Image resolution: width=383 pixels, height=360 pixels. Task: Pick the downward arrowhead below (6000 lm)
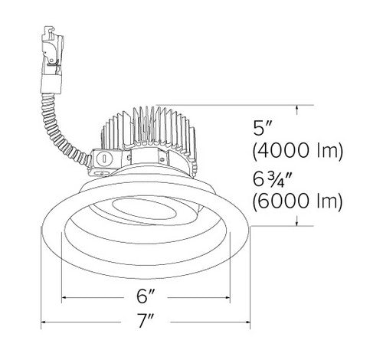[296, 221]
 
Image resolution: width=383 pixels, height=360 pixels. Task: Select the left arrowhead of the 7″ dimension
[44, 322]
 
